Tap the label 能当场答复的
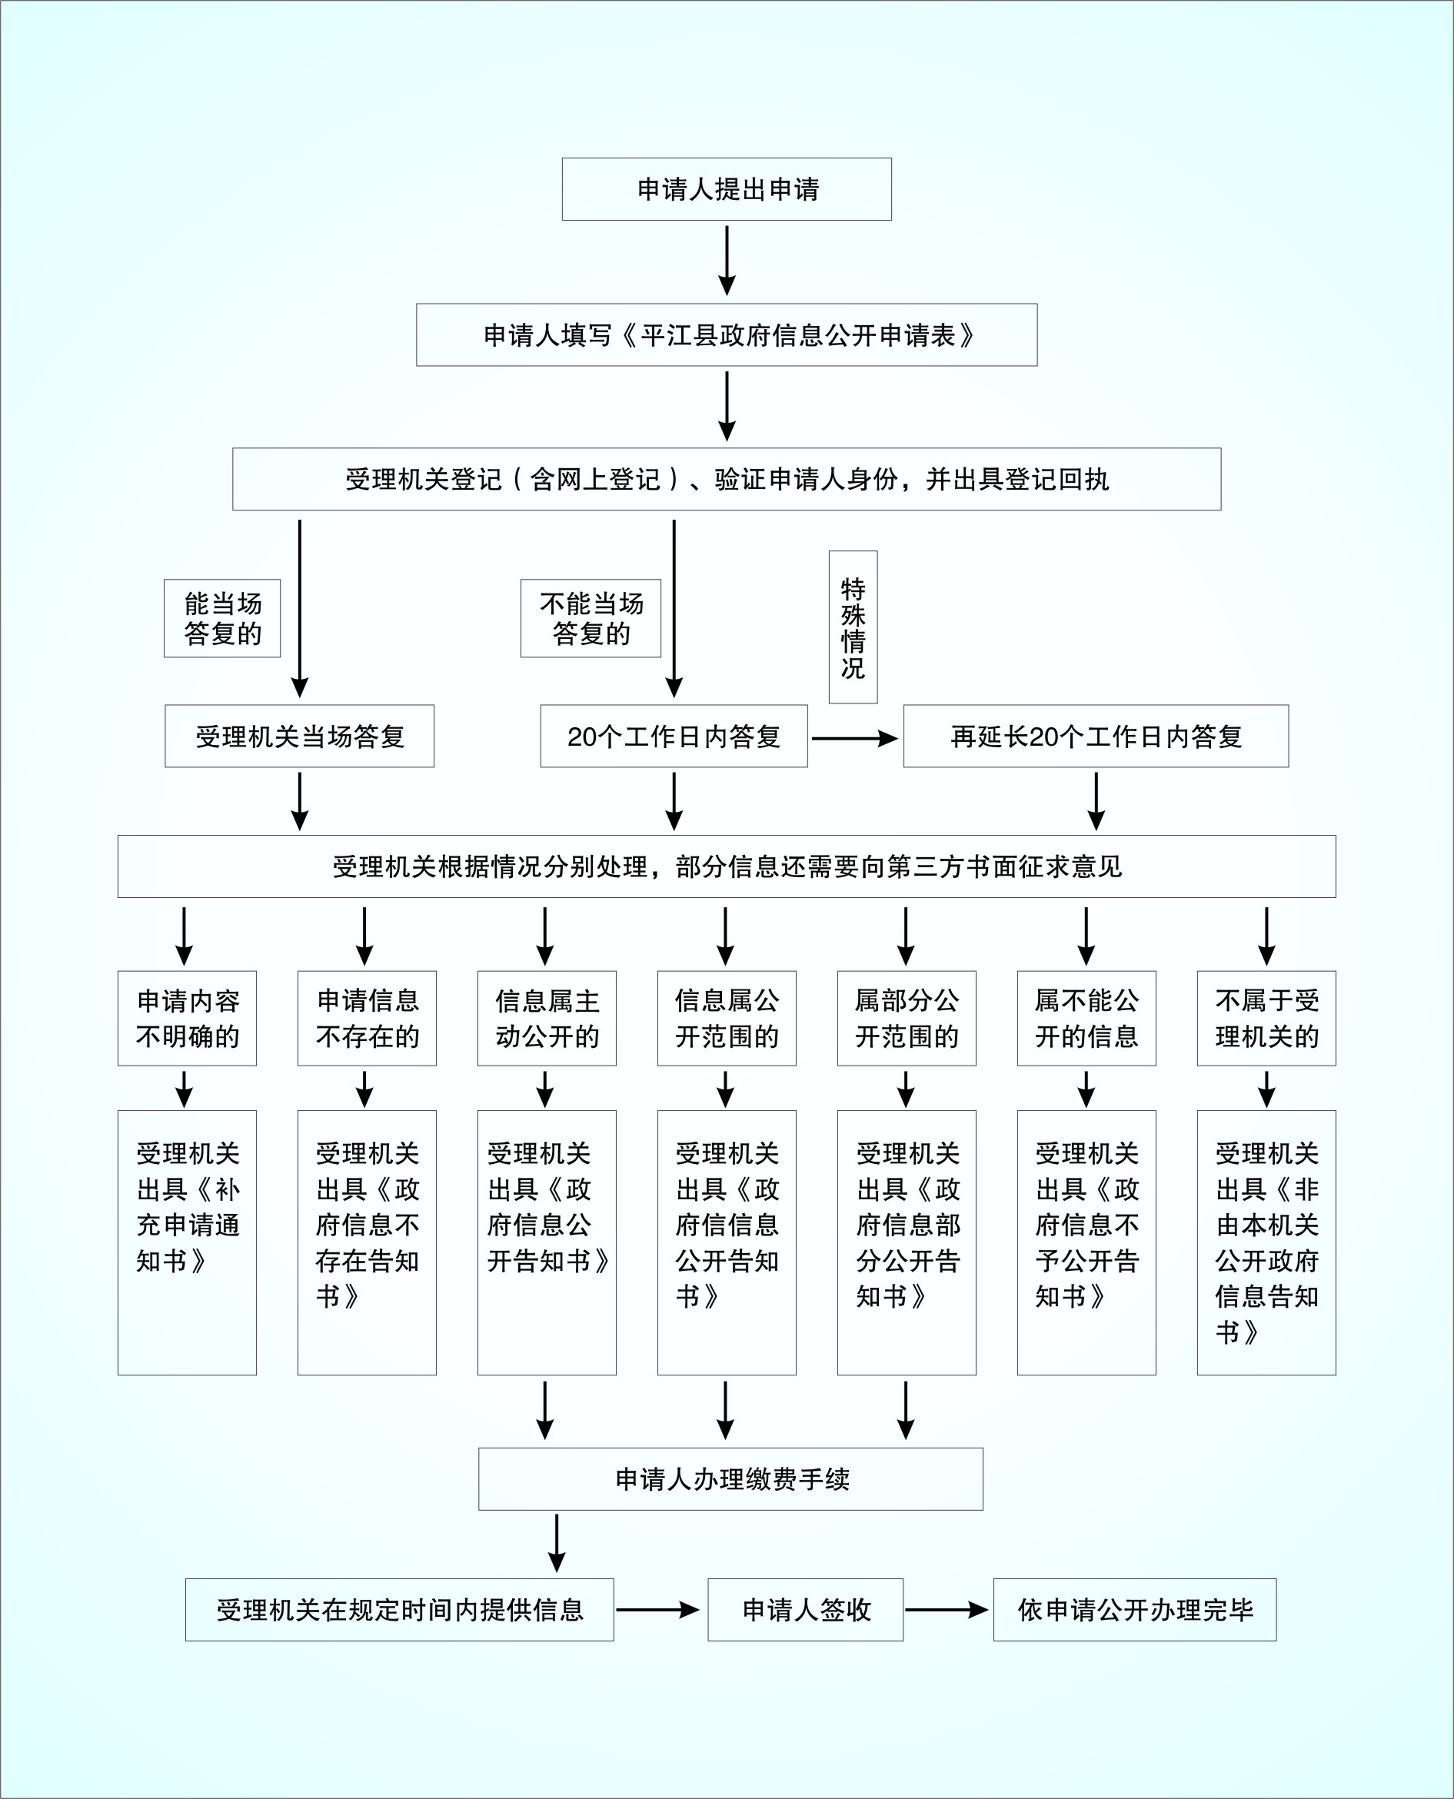[x=222, y=618]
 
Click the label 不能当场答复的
[x=591, y=618]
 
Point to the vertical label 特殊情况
[x=853, y=627]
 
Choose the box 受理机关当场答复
[x=299, y=737]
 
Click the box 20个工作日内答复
[x=674, y=737]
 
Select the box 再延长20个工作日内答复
[x=1096, y=737]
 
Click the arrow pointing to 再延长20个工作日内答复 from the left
[x=854, y=738]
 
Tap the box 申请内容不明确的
[x=187, y=1019]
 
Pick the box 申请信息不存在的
[x=367, y=1019]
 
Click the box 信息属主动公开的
[x=547, y=1019]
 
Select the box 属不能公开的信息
[x=1086, y=1019]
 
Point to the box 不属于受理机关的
[x=1266, y=1019]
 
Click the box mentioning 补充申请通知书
[x=187, y=1243]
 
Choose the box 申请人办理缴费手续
[x=730, y=1479]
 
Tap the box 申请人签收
[x=805, y=1610]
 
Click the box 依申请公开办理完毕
[x=1135, y=1610]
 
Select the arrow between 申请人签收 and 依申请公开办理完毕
[x=947, y=1610]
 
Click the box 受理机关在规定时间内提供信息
[x=400, y=1610]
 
